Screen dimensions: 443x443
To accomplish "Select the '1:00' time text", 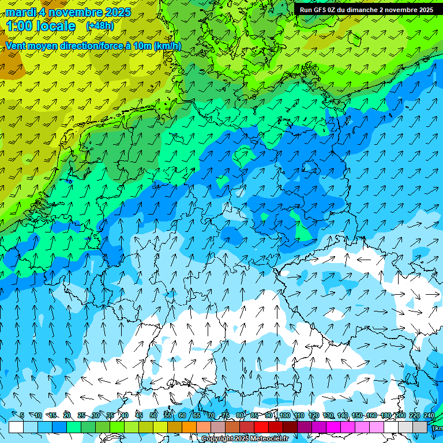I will click(19, 27).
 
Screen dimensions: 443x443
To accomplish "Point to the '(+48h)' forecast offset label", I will click(100, 26).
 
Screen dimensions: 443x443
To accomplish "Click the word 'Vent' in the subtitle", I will click(16, 46).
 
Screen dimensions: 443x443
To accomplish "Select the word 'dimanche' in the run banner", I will click(364, 10).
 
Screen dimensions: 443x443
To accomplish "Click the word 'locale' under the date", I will click(55, 27).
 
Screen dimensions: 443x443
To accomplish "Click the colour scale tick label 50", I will click(153, 415).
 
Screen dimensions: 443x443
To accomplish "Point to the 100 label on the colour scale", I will click(284, 415).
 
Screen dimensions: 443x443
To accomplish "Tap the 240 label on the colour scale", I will click(429, 415).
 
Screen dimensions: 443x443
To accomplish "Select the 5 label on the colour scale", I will click(22, 415).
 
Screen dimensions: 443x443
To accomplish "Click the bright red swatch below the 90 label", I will click(261, 427).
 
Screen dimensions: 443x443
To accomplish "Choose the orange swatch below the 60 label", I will click(189, 427).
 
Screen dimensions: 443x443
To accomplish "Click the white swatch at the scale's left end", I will click(16, 427).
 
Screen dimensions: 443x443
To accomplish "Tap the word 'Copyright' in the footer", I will click(217, 439).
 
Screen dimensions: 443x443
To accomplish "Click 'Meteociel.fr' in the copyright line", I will click(270, 439).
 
